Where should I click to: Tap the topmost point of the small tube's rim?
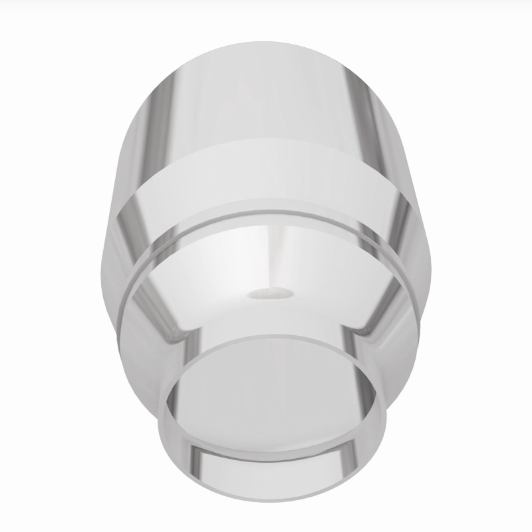(x=273, y=334)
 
